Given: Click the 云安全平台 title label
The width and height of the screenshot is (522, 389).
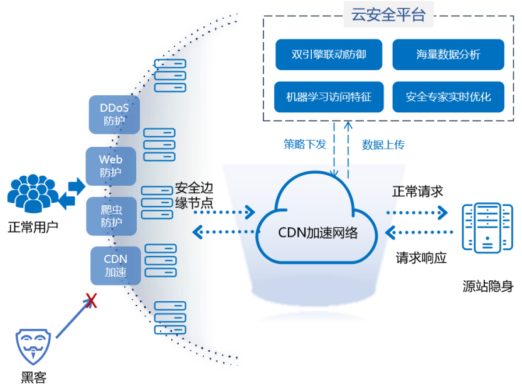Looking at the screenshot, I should [388, 15].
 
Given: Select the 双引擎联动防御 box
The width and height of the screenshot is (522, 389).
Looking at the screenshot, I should [329, 55].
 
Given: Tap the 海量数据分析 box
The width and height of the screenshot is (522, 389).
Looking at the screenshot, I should [448, 55].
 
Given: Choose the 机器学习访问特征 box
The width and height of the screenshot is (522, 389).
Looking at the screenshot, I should [329, 97].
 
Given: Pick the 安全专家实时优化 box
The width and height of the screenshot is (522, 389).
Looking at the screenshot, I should [448, 97].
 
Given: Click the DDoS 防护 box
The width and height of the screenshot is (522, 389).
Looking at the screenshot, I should [114, 114].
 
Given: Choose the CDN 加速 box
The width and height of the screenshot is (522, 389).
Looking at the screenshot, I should [115, 265].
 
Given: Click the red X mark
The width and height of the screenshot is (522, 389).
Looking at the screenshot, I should [92, 302].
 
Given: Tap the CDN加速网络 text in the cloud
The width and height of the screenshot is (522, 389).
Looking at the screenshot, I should [318, 233].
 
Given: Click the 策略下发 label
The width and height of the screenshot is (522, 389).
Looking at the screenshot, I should [305, 144].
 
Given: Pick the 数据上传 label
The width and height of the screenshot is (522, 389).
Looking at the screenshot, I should [383, 145].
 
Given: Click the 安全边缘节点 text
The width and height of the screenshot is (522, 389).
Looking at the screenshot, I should [194, 195].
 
